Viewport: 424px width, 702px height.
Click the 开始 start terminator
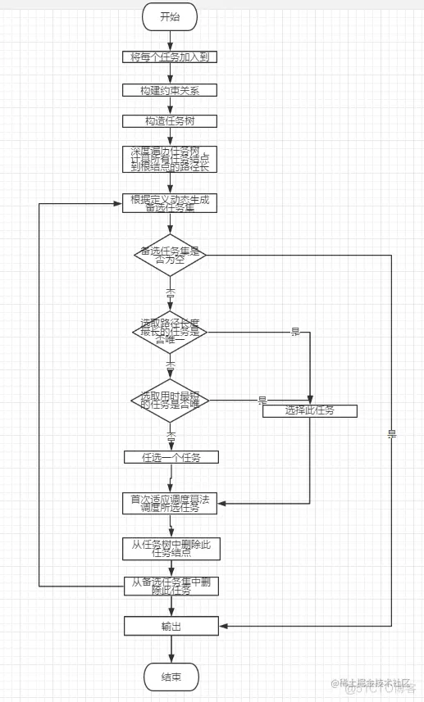click(x=171, y=16)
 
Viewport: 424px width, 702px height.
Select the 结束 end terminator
click(x=171, y=677)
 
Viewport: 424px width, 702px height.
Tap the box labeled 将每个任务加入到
click(x=171, y=57)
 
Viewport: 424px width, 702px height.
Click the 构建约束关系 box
click(x=171, y=89)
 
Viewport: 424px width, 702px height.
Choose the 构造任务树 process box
click(x=171, y=121)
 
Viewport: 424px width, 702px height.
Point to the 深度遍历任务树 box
click(x=171, y=158)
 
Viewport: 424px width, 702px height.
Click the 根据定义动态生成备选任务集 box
click(x=171, y=202)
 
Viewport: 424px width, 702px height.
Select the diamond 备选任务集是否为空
click(x=170, y=255)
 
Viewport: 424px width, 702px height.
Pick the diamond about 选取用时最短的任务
click(x=170, y=401)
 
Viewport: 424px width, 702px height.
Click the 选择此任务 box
click(x=309, y=410)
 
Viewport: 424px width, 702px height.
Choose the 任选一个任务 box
click(x=171, y=457)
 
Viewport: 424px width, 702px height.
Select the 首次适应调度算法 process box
click(x=171, y=503)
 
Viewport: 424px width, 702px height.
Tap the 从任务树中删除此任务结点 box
click(x=171, y=548)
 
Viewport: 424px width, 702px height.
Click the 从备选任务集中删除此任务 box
click(x=171, y=587)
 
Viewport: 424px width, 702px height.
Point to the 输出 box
click(x=171, y=626)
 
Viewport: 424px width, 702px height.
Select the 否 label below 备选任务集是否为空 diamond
click(x=171, y=292)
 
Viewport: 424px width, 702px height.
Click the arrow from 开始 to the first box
click(x=171, y=38)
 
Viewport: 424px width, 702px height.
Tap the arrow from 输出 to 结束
click(x=171, y=649)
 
